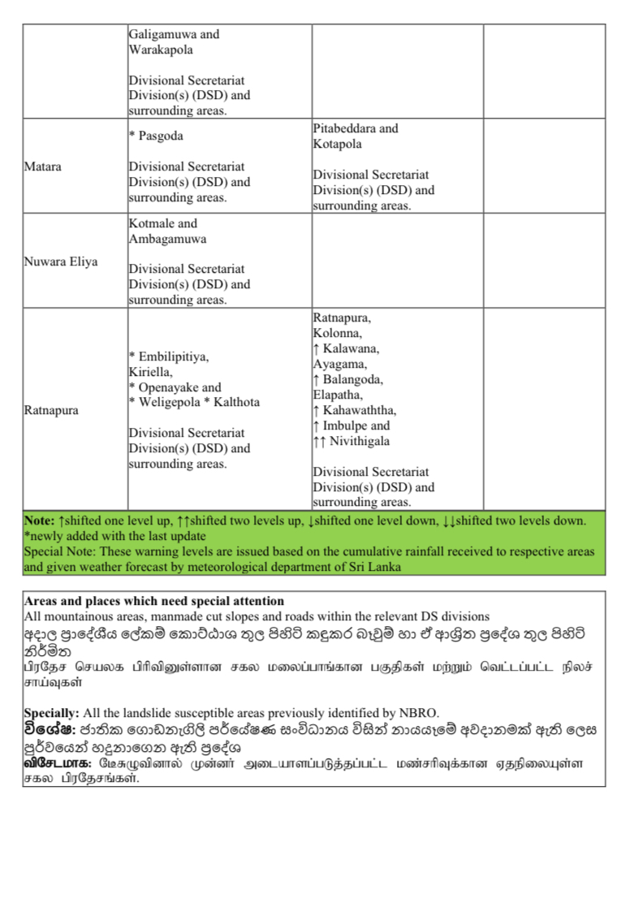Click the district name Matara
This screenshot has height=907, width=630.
click(x=42, y=166)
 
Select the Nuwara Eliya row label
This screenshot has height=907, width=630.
click(x=61, y=261)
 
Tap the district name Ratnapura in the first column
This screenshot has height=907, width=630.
click(x=51, y=410)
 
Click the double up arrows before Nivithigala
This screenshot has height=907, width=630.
click(x=319, y=442)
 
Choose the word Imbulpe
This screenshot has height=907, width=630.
click(x=344, y=426)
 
